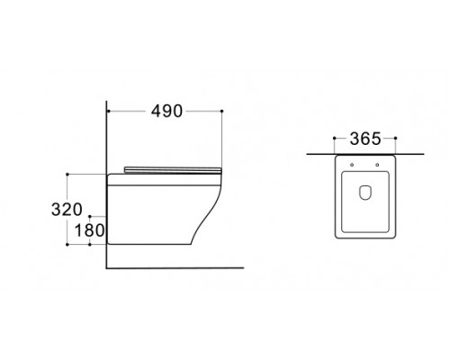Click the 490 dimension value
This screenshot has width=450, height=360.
click(x=166, y=112)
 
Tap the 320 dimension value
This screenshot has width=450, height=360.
click(x=67, y=210)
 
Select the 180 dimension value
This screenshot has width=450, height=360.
click(x=89, y=230)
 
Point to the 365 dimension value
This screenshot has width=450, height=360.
click(x=365, y=139)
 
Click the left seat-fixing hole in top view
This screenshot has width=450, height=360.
click(x=352, y=165)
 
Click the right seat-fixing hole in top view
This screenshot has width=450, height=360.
click(x=377, y=165)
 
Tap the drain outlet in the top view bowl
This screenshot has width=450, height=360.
click(x=364, y=193)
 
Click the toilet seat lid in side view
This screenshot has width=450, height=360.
click(x=173, y=169)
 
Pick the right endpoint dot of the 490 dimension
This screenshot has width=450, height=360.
click(x=221, y=112)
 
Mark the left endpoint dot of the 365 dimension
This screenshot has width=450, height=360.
click(x=335, y=138)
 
